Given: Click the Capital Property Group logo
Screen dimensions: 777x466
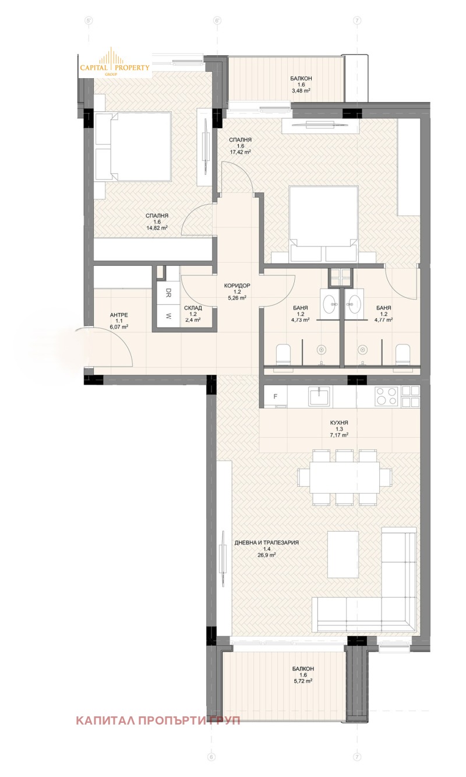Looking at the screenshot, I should click(x=115, y=64).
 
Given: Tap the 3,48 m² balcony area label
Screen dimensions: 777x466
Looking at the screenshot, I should click(x=301, y=91).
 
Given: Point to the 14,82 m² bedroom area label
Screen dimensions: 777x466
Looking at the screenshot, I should click(x=157, y=228).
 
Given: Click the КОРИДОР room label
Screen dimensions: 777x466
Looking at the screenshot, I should click(x=236, y=286).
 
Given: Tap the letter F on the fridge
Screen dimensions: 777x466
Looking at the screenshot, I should click(x=275, y=398).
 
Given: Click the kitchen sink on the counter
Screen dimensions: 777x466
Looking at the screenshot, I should click(x=319, y=396).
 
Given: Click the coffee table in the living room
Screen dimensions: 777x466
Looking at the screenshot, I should click(x=343, y=553).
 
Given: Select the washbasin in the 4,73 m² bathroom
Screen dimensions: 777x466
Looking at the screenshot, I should click(x=330, y=302).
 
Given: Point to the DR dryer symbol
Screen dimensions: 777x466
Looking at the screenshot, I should click(x=168, y=293).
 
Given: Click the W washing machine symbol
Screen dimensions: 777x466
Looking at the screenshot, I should click(x=168, y=317).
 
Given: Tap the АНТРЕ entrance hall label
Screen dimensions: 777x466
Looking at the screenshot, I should click(x=119, y=315).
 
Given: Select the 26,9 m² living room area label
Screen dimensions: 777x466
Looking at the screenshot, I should click(x=266, y=555).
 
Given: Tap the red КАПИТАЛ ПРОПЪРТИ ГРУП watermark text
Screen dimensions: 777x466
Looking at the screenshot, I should click(x=158, y=720).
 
